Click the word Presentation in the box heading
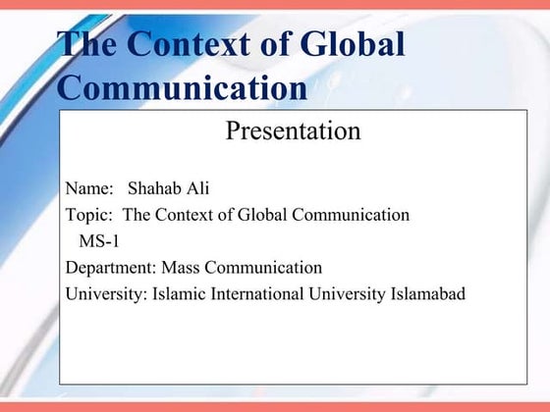(x=293, y=129)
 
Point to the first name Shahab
(x=154, y=189)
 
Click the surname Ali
(x=198, y=189)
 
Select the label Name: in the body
(x=89, y=189)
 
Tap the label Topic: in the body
(x=90, y=215)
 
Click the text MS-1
(x=99, y=241)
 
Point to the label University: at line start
(x=106, y=293)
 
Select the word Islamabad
(x=427, y=293)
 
